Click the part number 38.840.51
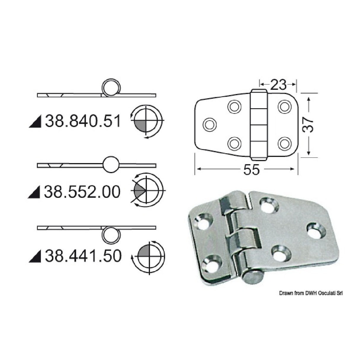pos(83,122)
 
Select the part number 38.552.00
pos(82,192)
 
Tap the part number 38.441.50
pos(83,256)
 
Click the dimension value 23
pos(278,85)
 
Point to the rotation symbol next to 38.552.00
pos(147,190)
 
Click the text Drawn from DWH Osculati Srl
pos(311,293)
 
